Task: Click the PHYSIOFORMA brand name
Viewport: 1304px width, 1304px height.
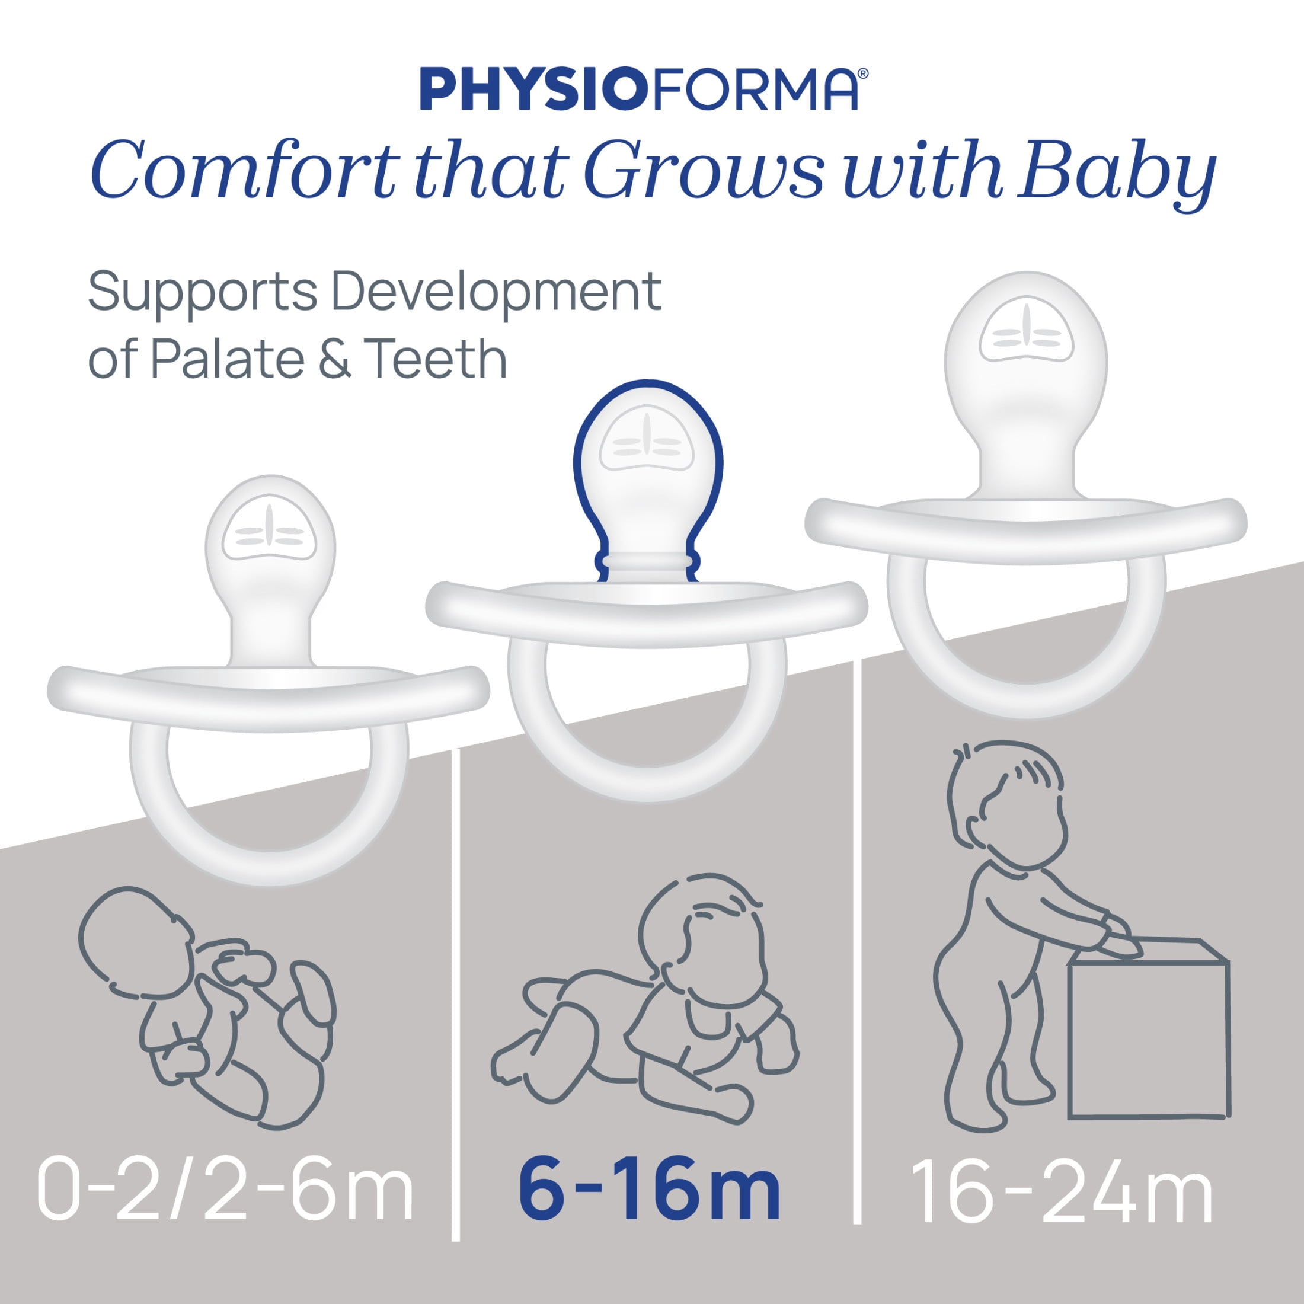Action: (x=638, y=88)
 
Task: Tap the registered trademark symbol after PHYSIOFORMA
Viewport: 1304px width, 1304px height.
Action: (x=862, y=73)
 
